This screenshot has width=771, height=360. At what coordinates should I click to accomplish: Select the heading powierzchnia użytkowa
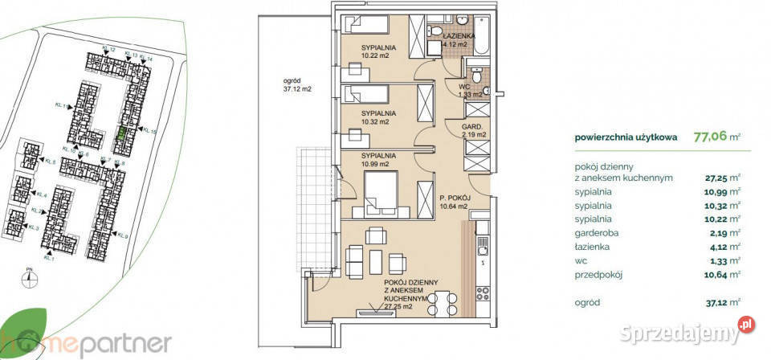pos(626,137)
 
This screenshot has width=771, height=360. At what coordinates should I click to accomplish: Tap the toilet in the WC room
pos(477,78)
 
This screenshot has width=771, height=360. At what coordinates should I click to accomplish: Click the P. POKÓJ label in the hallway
pos(454,197)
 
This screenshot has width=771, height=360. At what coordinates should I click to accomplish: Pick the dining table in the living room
pos(443,306)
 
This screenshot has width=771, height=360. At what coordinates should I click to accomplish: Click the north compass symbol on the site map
pos(31,279)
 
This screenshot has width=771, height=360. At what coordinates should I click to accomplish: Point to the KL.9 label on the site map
pos(122,235)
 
